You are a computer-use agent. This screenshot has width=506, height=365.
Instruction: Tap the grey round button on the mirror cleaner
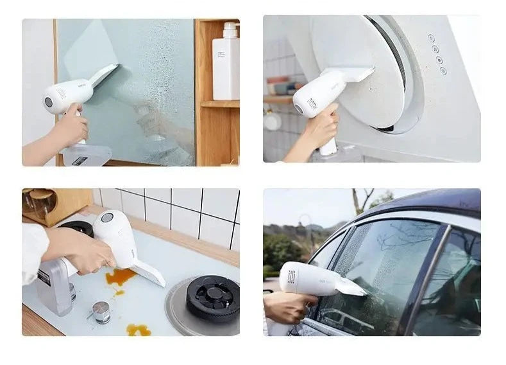(49, 102)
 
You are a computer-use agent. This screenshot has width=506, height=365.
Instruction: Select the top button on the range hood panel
(431, 38)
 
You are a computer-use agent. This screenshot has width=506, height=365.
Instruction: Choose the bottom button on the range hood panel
(443, 70)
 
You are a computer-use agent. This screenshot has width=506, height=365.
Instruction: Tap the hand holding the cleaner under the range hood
(321, 125)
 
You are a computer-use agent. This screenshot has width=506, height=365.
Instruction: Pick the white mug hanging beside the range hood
(272, 121)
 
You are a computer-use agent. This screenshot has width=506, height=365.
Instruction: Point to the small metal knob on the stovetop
(101, 311)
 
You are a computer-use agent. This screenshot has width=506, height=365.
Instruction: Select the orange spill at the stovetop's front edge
(139, 330)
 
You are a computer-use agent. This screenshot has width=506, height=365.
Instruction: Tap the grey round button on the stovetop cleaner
(107, 218)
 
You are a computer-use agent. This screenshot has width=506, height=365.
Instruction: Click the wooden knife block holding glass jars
(58, 204)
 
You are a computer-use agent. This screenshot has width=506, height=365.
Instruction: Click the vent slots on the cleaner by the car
(291, 277)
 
